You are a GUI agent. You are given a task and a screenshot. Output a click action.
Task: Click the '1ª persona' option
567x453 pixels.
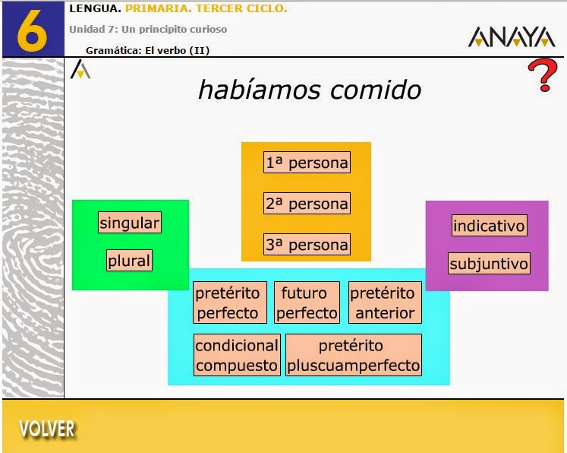pos(307,162)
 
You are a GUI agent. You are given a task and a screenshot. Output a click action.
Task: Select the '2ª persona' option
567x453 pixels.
pos(307,203)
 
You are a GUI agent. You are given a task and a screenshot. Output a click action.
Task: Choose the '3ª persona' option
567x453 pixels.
pos(307,244)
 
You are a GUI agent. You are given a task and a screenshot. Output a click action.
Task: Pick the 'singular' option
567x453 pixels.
pos(130,223)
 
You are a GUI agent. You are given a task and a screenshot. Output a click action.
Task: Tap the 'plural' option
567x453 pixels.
pos(129,260)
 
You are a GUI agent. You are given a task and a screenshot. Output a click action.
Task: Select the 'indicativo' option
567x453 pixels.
pos(489,225)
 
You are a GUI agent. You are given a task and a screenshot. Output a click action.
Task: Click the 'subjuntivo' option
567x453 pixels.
pos(489,263)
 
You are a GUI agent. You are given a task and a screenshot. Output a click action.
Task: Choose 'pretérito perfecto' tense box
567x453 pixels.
pos(230,303)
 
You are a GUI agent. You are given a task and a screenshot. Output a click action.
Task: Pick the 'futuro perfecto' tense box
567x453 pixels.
pos(307,303)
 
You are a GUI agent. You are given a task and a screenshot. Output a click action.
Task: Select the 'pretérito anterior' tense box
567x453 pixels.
pos(385,303)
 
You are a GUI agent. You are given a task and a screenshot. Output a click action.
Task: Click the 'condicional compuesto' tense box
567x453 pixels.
pos(237,355)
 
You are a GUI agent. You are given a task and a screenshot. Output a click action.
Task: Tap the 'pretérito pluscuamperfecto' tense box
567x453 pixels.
pos(354,355)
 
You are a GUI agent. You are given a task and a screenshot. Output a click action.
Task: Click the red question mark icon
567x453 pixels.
pos(542,75)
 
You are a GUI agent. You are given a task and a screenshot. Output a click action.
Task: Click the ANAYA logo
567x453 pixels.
pos(512,36)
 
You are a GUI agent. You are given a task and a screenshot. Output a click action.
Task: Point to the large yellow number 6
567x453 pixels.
pos(32,30)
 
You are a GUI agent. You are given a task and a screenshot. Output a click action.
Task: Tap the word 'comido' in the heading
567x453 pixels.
pos(376,90)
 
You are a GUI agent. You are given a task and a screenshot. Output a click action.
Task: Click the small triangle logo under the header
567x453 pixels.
pos(80,69)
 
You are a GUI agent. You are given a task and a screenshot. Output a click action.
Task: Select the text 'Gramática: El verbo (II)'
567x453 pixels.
pos(147,50)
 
